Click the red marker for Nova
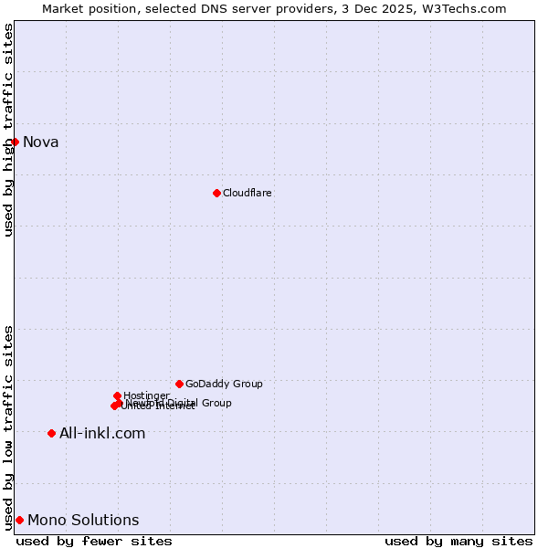pyautogui.click(x=15, y=142)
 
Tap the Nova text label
pyautogui.click(x=41, y=142)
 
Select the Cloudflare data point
pyautogui.click(x=216, y=193)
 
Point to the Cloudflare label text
pyautogui.click(x=248, y=193)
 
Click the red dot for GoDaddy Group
pyautogui.click(x=179, y=384)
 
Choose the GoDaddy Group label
pyautogui.click(x=224, y=384)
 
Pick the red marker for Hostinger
pyautogui.click(x=117, y=395)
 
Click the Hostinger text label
pyautogui.click(x=146, y=395)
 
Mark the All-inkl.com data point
pyautogui.click(x=51, y=433)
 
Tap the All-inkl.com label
pyautogui.click(x=102, y=433)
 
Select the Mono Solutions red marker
pyautogui.click(x=19, y=520)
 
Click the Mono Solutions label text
pyautogui.click(x=83, y=521)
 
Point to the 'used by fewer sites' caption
pyautogui.click(x=94, y=541)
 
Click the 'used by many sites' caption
pyautogui.click(x=458, y=541)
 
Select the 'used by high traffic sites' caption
pyautogui.click(x=8, y=130)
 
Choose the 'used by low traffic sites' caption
pyautogui.click(x=8, y=427)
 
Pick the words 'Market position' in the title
pyautogui.click(x=82, y=8)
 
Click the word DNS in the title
pyautogui.click(x=203, y=8)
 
